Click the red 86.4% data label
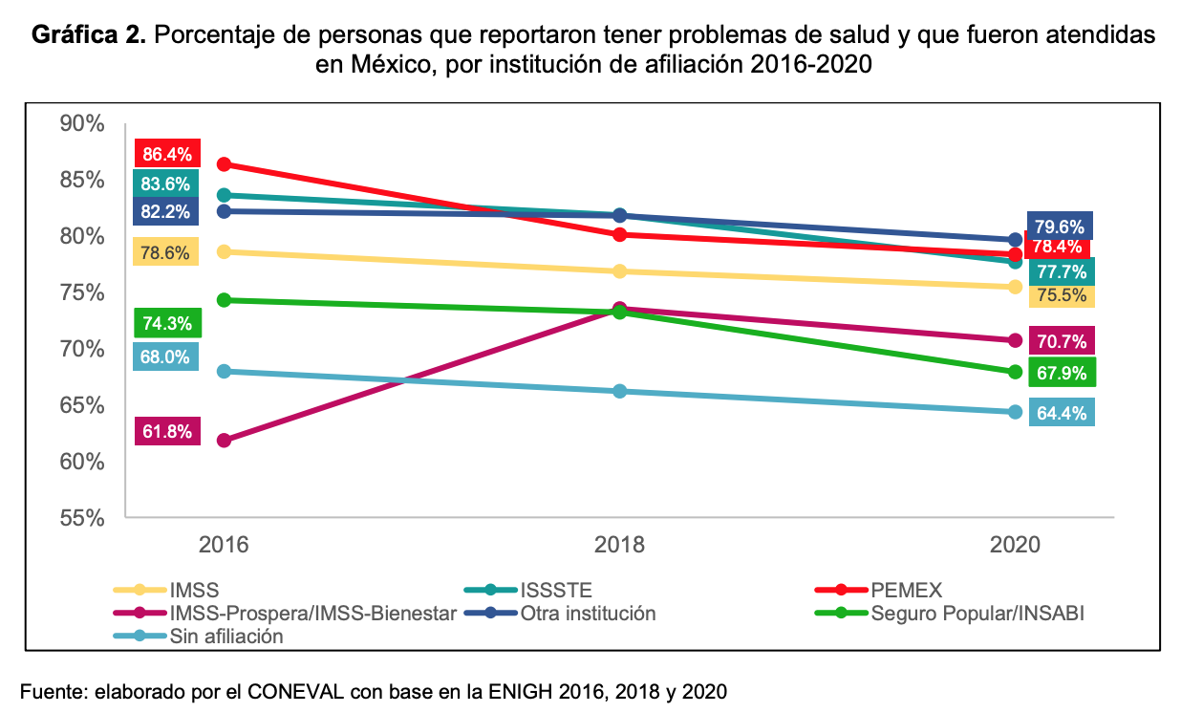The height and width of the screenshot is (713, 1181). pos(166,154)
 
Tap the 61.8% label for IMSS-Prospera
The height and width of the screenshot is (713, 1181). pos(166,431)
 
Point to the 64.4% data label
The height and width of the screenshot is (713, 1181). pos(1061,414)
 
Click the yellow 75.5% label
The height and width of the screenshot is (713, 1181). pos(1061,295)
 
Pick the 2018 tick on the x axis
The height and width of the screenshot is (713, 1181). pos(619,546)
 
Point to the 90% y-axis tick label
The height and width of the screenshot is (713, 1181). pos(81,123)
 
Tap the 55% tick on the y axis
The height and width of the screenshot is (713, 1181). pos(81,519)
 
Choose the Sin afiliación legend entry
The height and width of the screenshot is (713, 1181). pos(225,637)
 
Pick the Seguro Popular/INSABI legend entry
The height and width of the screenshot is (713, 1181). pos(977,613)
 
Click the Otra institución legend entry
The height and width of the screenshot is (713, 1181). pos(588,613)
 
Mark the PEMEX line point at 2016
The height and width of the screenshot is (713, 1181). pos(225,164)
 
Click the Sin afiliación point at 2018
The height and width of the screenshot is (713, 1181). pos(619,391)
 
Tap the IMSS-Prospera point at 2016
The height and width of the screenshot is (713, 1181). pos(225,441)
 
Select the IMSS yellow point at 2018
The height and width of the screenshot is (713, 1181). pos(619,271)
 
